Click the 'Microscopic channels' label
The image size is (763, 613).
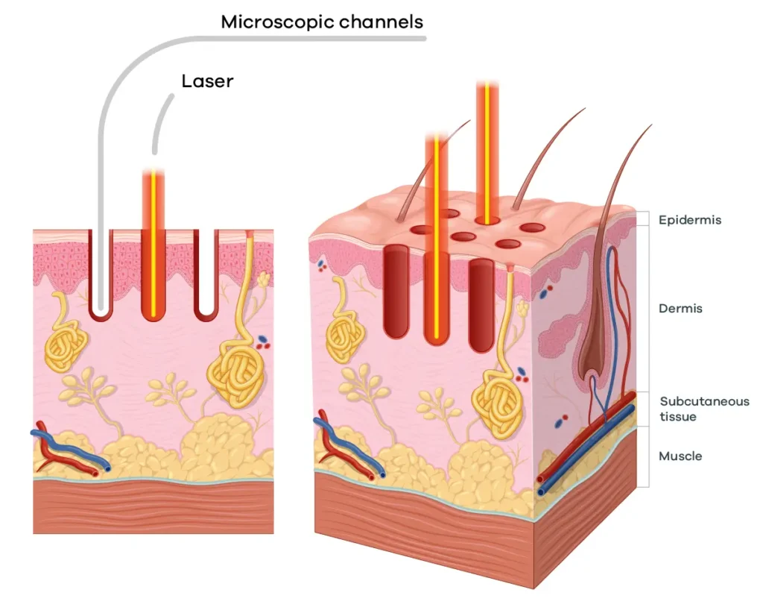[x=322, y=22]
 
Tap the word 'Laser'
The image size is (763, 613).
[x=207, y=81]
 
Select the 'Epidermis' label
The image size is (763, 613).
[x=690, y=220]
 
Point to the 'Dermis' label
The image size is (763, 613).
[x=680, y=308]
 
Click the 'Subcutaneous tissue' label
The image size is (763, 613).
[x=704, y=409]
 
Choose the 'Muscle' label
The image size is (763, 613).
[x=680, y=456]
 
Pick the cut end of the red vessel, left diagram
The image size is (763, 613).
[x=95, y=472]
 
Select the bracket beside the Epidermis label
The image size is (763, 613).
[x=646, y=219]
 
